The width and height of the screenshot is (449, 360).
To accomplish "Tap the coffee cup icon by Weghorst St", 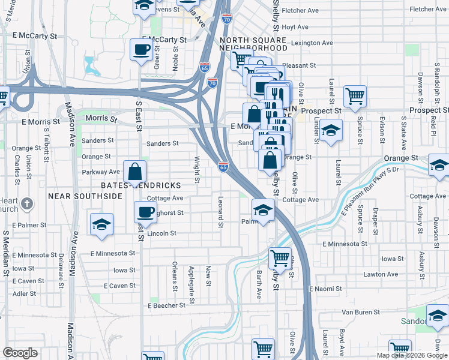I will point(145,211).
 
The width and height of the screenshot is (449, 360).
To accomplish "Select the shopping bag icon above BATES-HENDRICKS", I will point(135,172).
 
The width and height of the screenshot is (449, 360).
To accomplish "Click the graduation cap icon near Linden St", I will point(330,130).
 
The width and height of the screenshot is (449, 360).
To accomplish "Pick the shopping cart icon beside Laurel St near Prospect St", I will point(355,95).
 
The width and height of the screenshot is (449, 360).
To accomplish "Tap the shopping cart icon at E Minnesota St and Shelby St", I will point(280,258).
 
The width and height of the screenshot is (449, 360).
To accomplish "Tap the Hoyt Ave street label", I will point(295,27).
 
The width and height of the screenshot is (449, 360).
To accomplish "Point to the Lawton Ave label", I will point(381,274).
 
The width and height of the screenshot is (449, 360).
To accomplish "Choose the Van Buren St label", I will point(361,313).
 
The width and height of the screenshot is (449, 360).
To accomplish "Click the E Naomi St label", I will point(325,289).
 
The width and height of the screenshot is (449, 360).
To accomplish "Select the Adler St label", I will point(24,294).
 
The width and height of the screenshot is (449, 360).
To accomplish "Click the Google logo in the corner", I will point(20,353).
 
